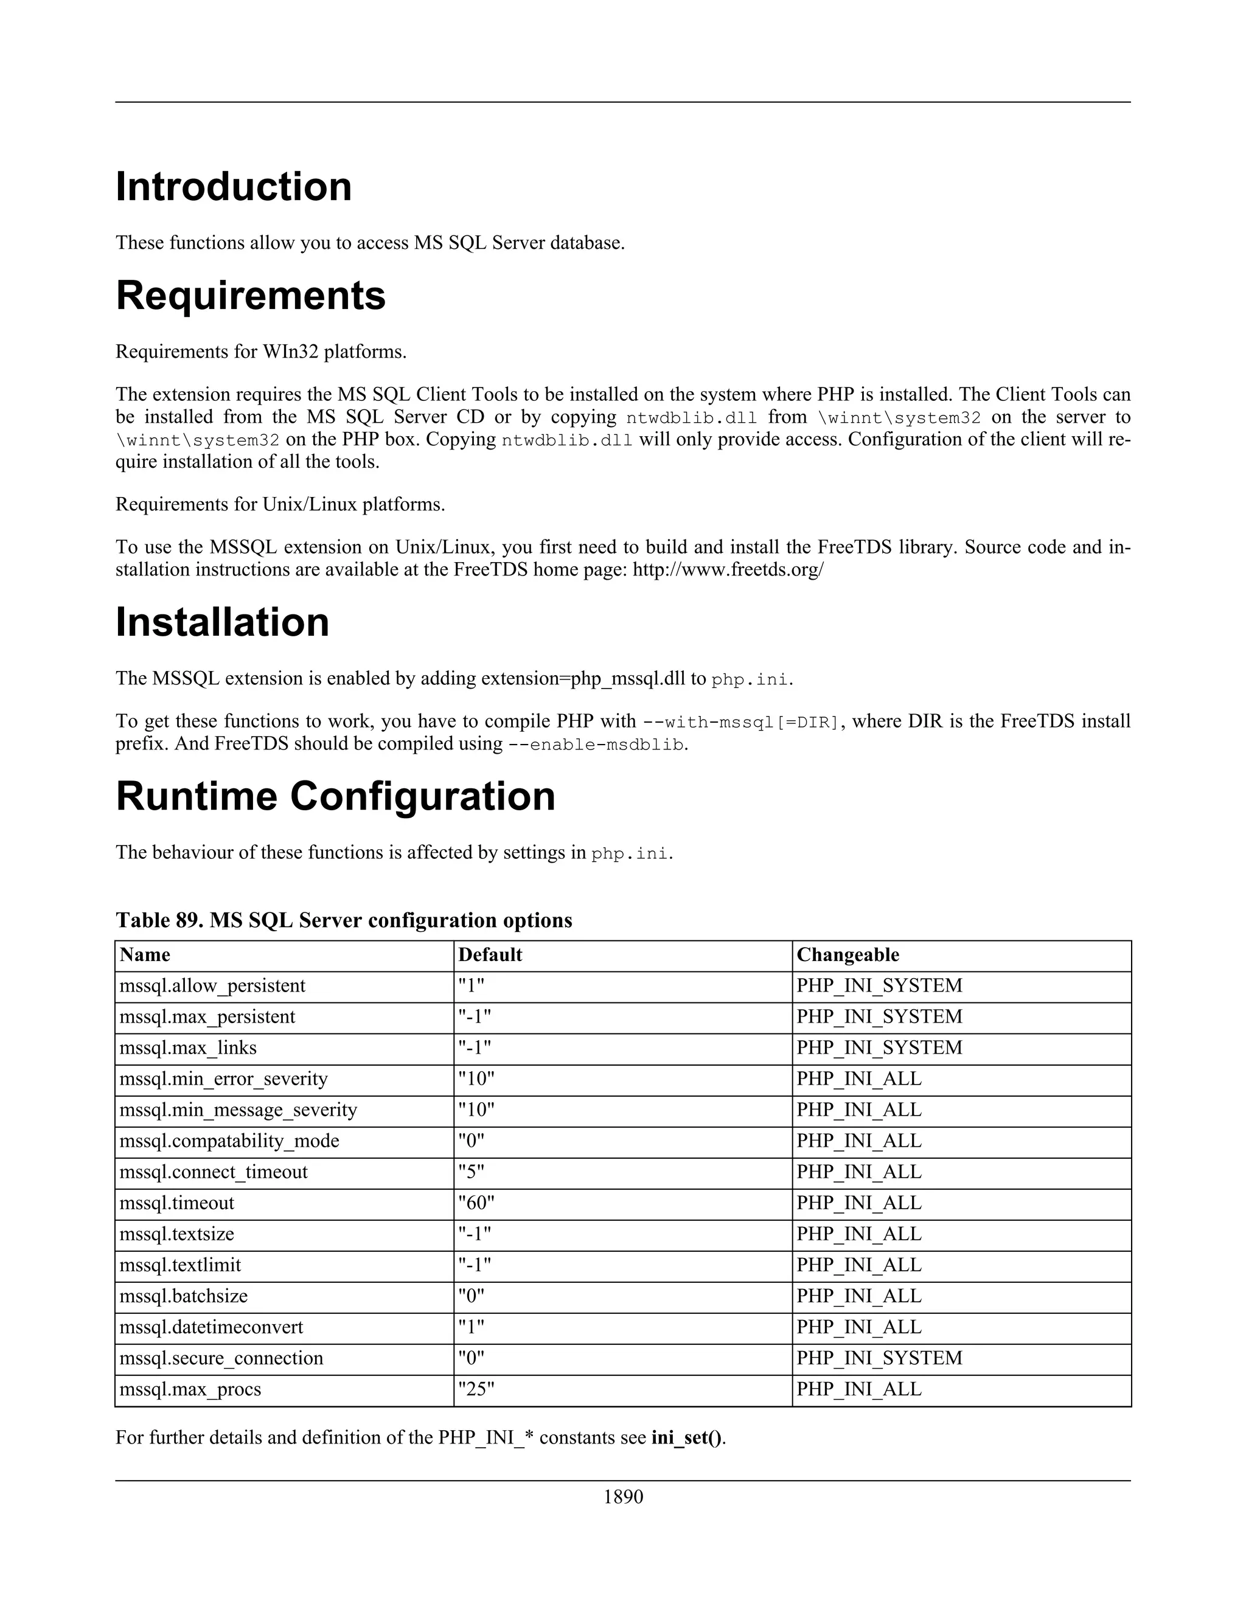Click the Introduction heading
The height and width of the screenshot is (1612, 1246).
point(233,186)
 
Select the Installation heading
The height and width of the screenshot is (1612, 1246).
point(222,622)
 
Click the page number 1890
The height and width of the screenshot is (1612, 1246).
point(623,1497)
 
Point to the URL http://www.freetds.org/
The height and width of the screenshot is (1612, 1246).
point(728,570)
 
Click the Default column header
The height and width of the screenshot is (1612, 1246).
point(490,955)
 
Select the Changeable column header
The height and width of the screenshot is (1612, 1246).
point(847,955)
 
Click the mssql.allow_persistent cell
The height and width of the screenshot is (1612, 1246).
point(212,986)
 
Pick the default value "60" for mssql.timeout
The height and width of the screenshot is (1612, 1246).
point(476,1203)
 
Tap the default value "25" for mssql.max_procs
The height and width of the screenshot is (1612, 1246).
point(476,1389)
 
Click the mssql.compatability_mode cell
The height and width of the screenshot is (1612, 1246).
point(229,1141)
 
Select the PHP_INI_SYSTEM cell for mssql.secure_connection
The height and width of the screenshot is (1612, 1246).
point(879,1358)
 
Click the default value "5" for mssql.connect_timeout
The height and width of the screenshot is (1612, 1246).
point(471,1172)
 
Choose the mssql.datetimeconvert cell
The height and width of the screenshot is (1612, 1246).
point(211,1327)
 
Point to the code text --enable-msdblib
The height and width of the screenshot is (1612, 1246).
point(596,744)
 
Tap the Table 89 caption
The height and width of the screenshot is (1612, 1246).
point(343,920)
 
